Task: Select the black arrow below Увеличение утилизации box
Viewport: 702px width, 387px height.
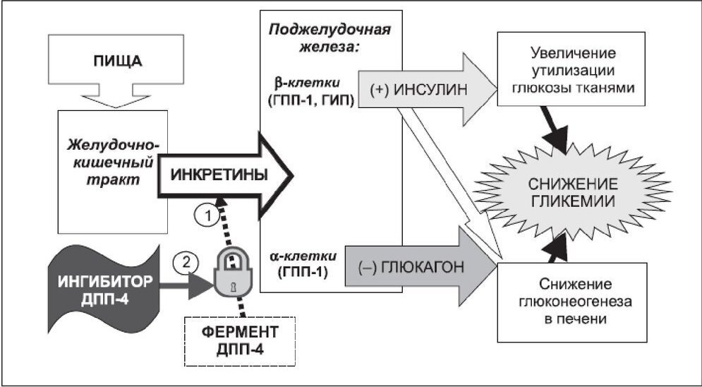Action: (557, 131)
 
